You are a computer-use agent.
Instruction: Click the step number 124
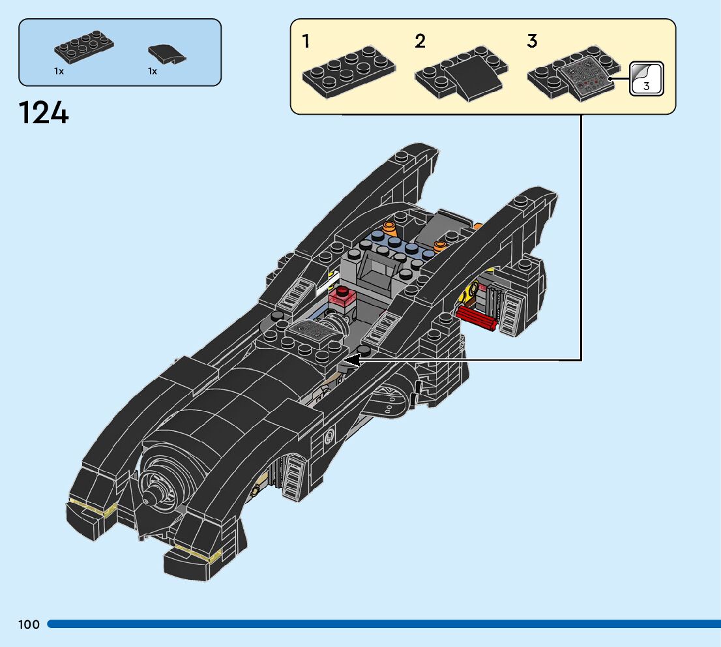44,113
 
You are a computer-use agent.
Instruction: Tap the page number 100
29,624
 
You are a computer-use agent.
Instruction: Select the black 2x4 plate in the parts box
84,47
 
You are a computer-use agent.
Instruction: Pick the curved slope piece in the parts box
167,54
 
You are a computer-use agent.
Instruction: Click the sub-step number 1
306,41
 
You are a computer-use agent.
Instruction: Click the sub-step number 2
420,41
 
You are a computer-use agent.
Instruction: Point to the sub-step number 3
532,41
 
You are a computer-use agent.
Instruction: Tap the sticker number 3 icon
646,79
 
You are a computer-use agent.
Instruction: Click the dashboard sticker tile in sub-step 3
586,76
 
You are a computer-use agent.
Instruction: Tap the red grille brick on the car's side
476,318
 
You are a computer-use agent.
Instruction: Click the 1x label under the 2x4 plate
59,71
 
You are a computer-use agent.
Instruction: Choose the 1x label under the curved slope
153,71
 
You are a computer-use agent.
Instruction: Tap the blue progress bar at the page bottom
384,624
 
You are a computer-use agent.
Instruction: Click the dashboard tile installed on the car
310,330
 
